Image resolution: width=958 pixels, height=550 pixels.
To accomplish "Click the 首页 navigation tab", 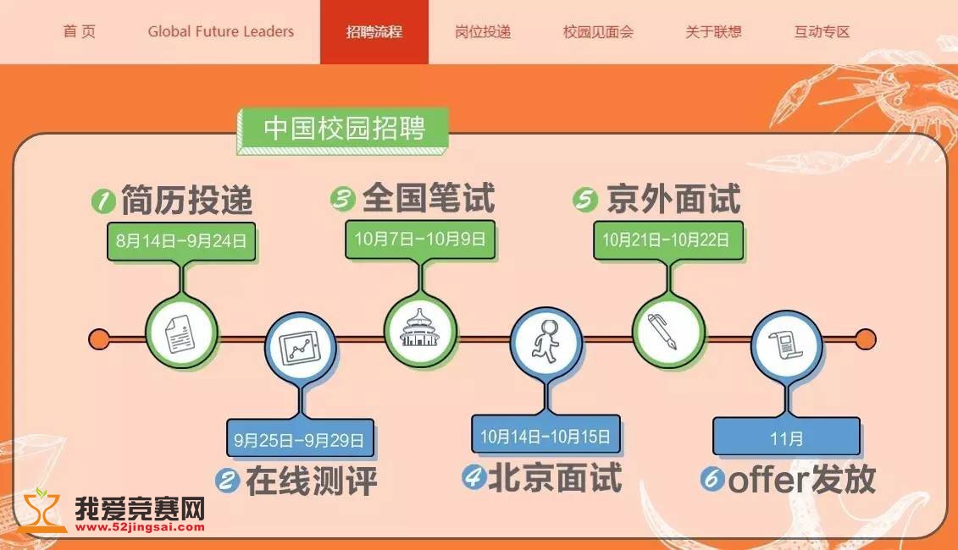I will pos(80,32).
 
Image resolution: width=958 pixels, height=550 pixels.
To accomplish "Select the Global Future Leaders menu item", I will pos(220,32).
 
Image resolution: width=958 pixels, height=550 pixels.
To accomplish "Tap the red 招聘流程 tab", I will pos(374,32).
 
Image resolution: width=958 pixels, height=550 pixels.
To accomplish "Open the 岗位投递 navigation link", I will pos(483,32).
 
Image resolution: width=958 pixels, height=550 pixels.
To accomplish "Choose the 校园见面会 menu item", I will pos(598,32).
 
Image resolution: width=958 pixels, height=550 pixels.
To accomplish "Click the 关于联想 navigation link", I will pos(713,32).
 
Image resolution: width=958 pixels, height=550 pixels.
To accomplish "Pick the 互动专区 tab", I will pos(822,32).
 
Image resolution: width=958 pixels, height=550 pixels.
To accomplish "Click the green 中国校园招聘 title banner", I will pos(343,129).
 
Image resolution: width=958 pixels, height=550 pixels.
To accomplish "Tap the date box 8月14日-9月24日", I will pos(181,241).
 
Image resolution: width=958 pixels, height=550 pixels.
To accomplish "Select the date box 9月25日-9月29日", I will pos(300,440).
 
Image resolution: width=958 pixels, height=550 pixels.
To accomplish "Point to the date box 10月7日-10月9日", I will pos(420,239).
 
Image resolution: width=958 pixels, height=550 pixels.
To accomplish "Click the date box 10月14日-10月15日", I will pos(545,437).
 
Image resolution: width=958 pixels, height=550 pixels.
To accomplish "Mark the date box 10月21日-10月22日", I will pos(667,239).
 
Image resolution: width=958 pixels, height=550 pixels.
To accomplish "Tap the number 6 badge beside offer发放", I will pos(712,480).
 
